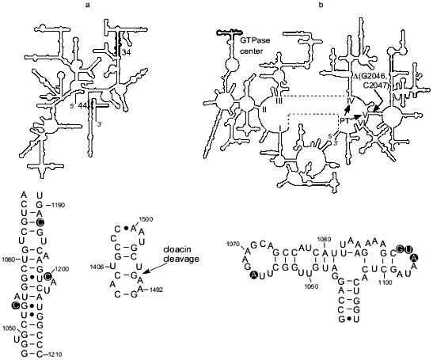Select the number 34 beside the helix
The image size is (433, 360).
[126, 53]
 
